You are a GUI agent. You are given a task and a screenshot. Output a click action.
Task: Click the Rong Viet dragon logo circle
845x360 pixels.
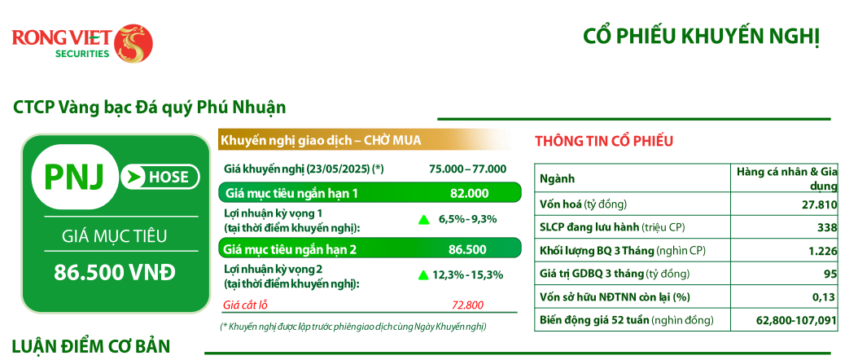tap(134, 43)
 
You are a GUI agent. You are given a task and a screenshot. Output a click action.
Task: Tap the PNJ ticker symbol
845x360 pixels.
tap(73, 176)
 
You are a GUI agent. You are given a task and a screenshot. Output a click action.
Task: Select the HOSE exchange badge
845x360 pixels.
tap(160, 176)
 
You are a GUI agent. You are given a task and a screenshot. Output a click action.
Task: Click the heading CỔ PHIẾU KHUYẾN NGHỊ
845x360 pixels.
tap(701, 37)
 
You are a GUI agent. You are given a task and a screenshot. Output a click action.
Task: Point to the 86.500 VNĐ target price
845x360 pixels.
tap(115, 273)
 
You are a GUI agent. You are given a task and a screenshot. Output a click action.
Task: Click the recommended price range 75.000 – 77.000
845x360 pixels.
tap(468, 169)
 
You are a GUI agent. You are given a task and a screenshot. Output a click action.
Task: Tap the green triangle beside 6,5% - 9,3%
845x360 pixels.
tap(424, 219)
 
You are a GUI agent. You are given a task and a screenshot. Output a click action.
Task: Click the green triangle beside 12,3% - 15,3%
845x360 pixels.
tap(423, 274)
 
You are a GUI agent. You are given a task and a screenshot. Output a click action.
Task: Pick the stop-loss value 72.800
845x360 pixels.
tap(468, 305)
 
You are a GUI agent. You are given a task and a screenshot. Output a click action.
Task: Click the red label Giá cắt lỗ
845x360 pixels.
tap(246, 305)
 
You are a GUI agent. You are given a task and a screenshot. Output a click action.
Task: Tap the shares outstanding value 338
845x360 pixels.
tap(828, 227)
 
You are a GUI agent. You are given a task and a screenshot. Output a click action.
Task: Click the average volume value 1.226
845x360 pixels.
tap(823, 251)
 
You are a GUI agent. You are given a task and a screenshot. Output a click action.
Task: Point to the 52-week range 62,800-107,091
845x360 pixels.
tap(796, 321)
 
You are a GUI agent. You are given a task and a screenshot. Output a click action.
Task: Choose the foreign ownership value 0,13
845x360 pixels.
tap(826, 297)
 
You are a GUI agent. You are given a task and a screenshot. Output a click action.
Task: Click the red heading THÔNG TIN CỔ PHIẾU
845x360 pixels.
tap(604, 142)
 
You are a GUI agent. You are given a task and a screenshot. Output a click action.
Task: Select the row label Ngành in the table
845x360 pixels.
tap(557, 179)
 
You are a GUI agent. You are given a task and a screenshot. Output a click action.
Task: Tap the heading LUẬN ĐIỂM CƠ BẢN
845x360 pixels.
tap(91, 345)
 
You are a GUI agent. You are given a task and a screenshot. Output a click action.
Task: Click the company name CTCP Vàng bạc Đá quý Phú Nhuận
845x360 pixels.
tap(149, 108)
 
